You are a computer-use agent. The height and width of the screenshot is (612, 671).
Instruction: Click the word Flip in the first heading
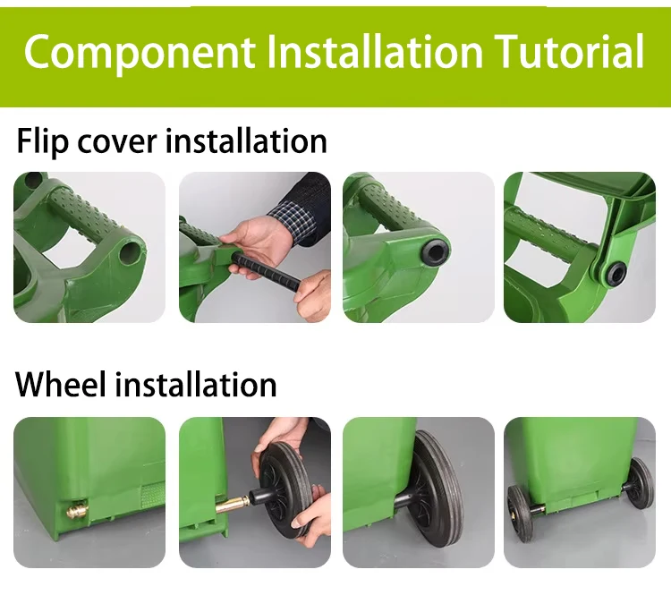(43, 141)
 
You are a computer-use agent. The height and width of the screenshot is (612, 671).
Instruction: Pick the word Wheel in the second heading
(61, 385)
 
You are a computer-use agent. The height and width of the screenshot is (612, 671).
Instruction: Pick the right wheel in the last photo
(640, 481)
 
